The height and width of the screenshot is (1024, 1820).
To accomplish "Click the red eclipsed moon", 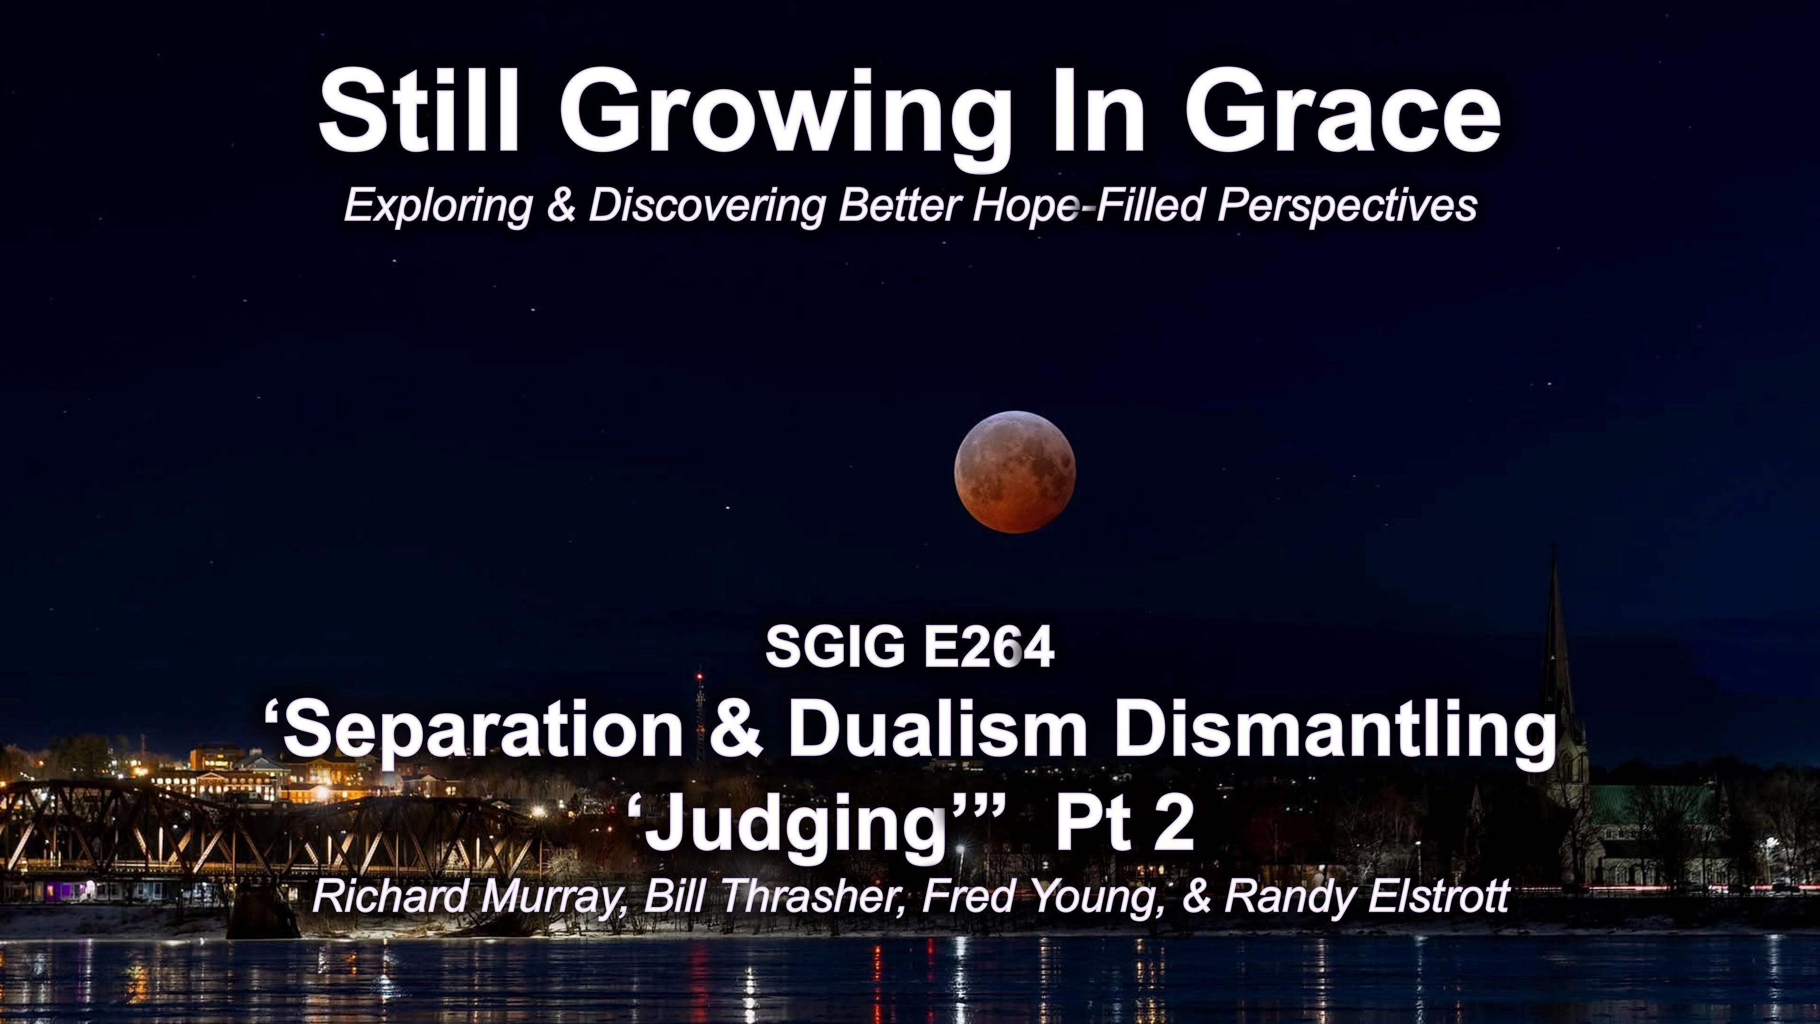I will pos(1015,471).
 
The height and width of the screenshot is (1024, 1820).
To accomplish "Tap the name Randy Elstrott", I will pos(1367,896).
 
